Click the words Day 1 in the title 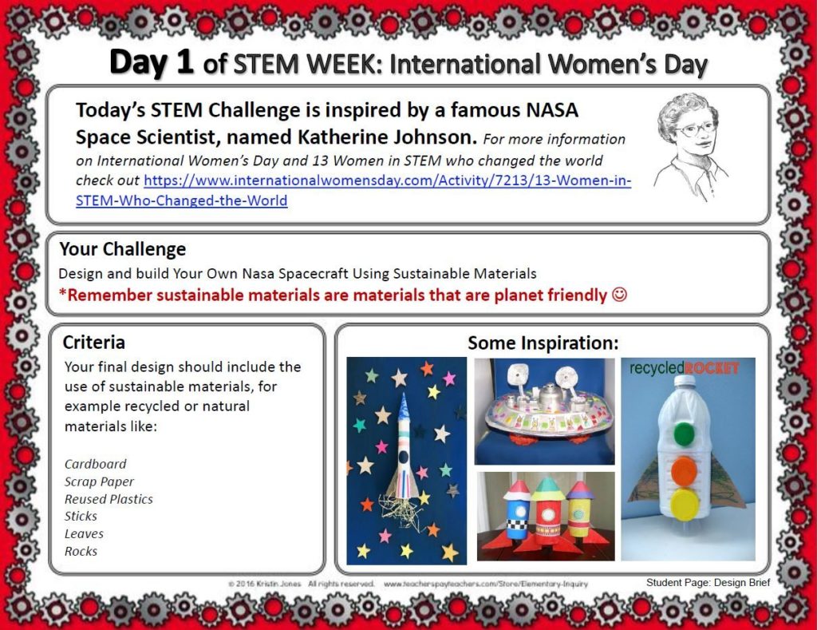152,62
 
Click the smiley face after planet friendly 619,295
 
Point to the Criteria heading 94,343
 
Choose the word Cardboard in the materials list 95,464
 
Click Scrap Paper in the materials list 99,481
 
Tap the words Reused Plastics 109,499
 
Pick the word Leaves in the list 84,533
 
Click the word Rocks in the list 81,551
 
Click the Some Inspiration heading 543,343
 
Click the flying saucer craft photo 544,410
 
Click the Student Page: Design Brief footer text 708,583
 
